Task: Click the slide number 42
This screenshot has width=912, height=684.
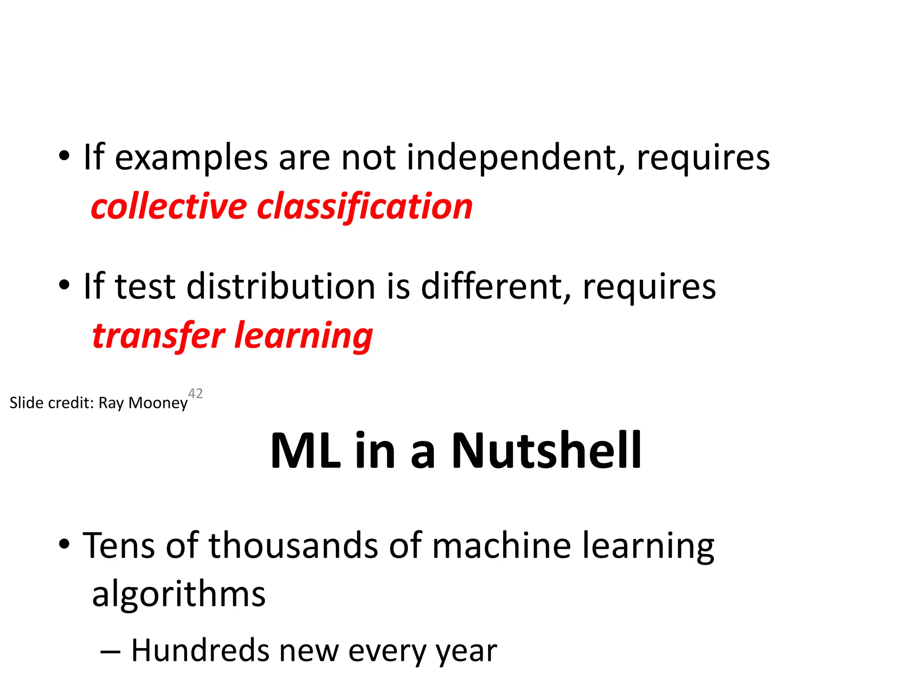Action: pos(195,393)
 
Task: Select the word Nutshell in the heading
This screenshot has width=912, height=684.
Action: pos(546,451)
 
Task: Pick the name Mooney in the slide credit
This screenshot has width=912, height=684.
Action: pos(158,403)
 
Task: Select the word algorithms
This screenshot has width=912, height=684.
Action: pos(179,595)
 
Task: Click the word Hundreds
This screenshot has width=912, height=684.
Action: pos(200,651)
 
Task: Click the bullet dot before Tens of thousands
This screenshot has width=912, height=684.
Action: pos(65,544)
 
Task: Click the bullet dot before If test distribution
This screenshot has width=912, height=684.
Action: pos(65,285)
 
